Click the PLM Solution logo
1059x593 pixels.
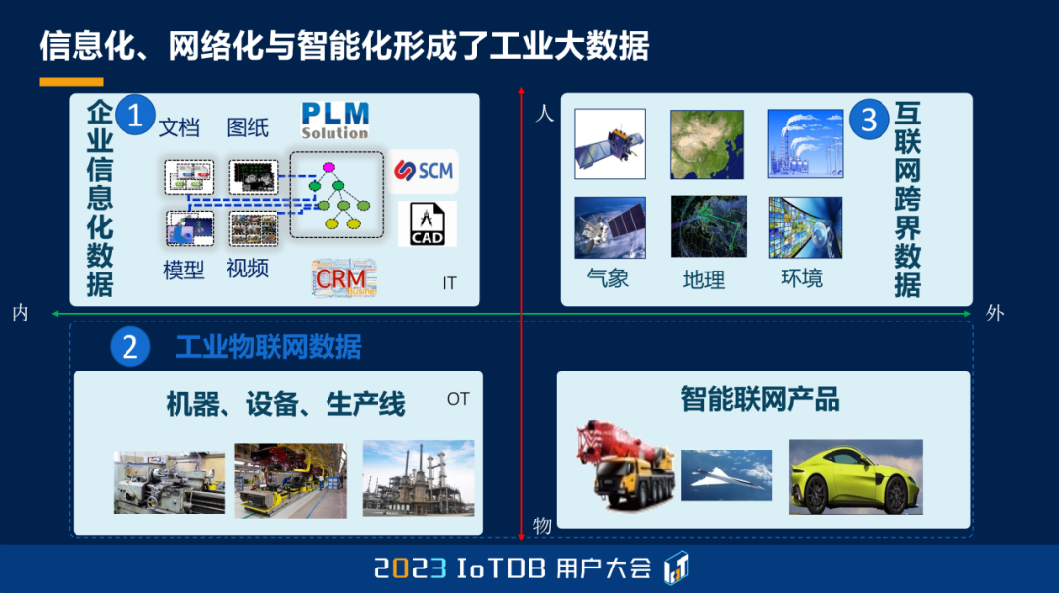(x=334, y=120)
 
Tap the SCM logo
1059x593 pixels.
(x=424, y=172)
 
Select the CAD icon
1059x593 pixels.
(x=428, y=223)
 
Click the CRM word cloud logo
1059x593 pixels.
(x=343, y=278)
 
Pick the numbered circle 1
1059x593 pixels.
(x=134, y=116)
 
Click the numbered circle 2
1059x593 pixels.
(x=130, y=347)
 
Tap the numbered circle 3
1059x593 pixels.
(x=868, y=120)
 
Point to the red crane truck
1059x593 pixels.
(x=623, y=468)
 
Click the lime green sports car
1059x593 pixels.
(x=855, y=476)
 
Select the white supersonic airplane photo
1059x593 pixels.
(x=727, y=475)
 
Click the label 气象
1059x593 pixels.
(x=607, y=278)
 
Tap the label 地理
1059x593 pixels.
(x=704, y=280)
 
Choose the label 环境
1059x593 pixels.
(x=801, y=278)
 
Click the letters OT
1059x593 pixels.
(x=458, y=399)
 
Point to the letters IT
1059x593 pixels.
(x=449, y=283)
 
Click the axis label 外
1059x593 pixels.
(x=995, y=314)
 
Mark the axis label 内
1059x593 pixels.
(x=21, y=314)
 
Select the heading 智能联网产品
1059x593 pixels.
(x=760, y=399)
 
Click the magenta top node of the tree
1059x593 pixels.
(x=328, y=167)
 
